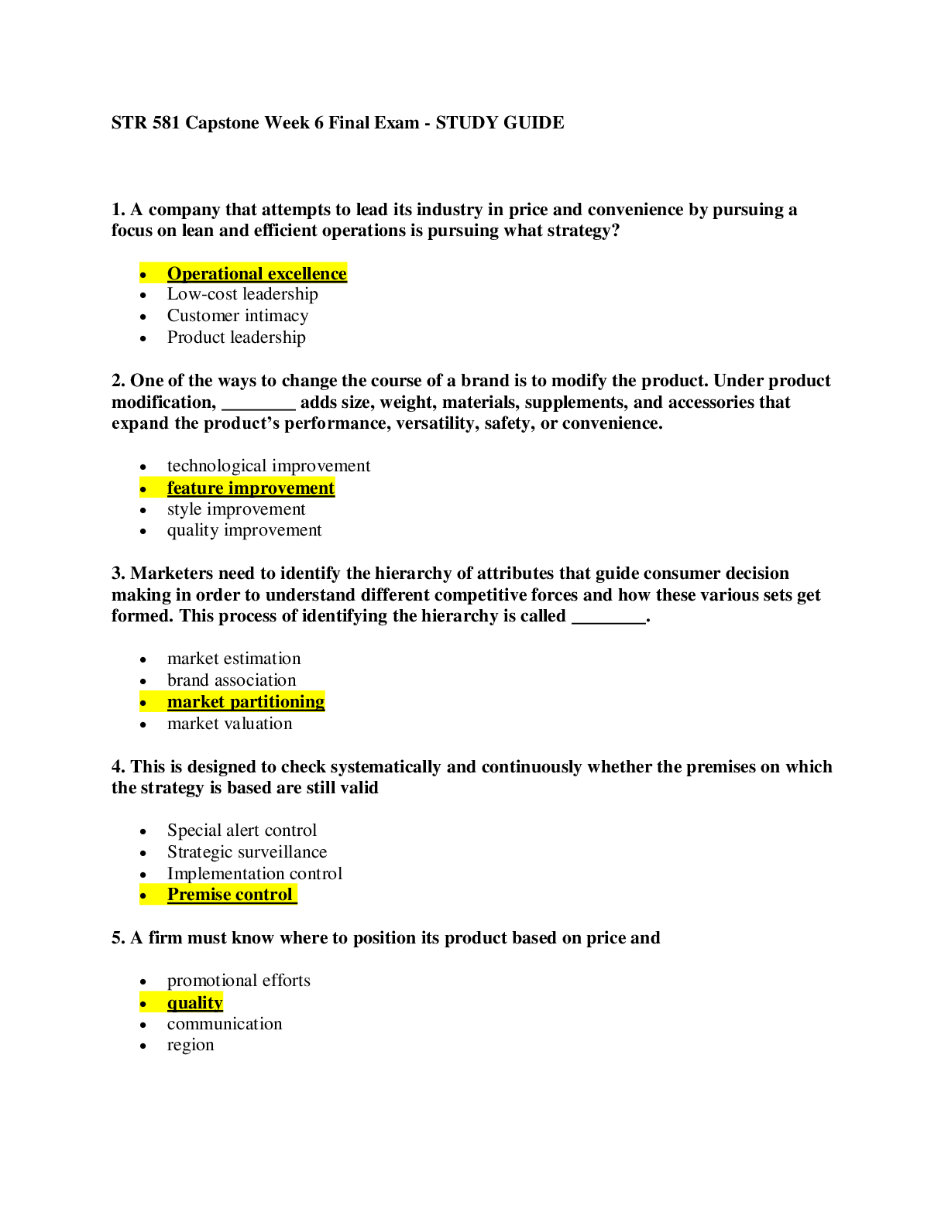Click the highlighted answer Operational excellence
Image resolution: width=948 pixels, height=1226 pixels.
click(256, 273)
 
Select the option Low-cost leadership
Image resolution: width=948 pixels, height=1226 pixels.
click(242, 294)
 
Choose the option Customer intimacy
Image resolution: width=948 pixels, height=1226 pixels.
click(238, 316)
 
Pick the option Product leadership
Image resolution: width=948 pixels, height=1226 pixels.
click(236, 337)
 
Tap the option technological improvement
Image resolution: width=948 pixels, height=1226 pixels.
click(269, 466)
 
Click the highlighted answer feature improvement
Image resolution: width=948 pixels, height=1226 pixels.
click(250, 488)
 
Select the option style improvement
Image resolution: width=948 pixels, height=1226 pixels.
click(236, 509)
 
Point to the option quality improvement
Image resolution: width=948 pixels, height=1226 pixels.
click(244, 530)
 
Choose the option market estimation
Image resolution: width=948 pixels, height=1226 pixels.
click(234, 659)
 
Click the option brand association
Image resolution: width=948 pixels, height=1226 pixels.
click(232, 680)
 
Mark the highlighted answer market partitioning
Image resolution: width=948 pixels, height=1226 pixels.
click(246, 702)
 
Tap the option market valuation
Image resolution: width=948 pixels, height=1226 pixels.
click(229, 724)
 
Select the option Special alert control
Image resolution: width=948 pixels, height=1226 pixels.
click(242, 830)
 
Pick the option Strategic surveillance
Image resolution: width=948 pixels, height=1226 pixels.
click(246, 852)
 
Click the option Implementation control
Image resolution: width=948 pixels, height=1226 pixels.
click(255, 874)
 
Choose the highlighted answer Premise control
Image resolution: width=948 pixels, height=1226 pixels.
click(230, 895)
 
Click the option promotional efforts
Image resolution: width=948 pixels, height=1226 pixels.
click(239, 981)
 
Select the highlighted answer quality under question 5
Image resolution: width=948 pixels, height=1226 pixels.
click(195, 1003)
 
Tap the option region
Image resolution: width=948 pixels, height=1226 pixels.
click(191, 1045)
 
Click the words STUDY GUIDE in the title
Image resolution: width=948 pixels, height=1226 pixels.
click(500, 123)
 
